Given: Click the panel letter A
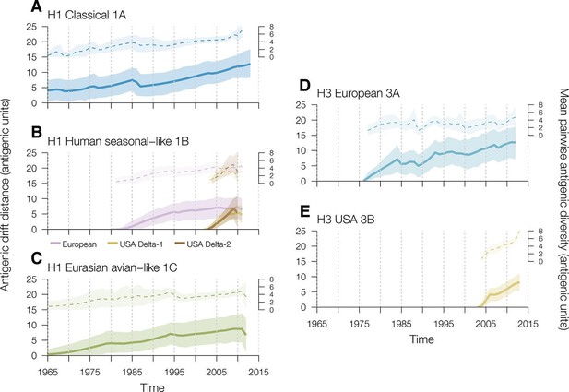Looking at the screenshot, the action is pyautogui.click(x=36, y=6).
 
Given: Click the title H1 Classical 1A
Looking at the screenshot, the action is pyautogui.click(x=87, y=16).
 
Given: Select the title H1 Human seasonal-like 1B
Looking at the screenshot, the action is pyautogui.click(x=118, y=141).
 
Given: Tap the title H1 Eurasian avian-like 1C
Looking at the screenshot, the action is pyautogui.click(x=113, y=267).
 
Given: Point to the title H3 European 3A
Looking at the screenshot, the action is pyautogui.click(x=359, y=93).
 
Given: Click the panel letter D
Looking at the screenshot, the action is pyautogui.click(x=306, y=86).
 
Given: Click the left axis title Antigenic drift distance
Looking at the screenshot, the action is pyautogui.click(x=5, y=195).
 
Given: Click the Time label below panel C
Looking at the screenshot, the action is pyautogui.click(x=153, y=386).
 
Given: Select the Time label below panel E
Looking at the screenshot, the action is pyautogui.click(x=421, y=339).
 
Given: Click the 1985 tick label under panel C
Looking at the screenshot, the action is pyautogui.click(x=132, y=372).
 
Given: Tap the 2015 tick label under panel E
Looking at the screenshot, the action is pyautogui.click(x=528, y=324).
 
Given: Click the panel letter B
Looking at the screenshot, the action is pyautogui.click(x=37, y=133).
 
